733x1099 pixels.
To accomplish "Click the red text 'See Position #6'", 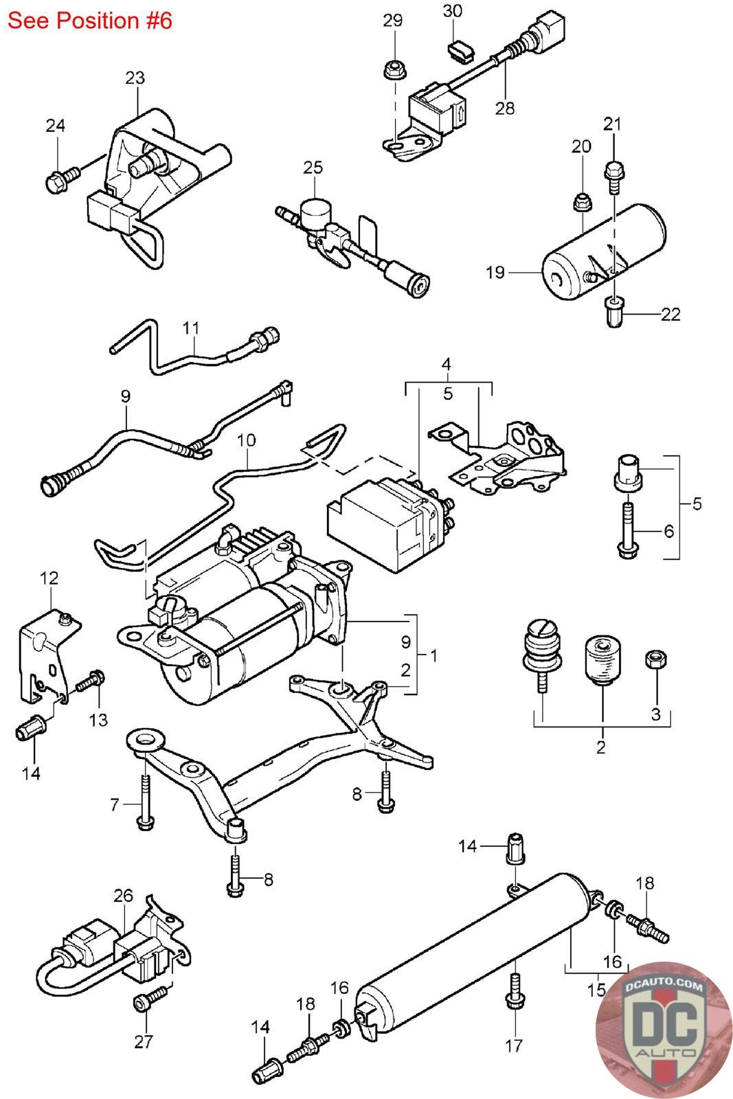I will coord(90,21).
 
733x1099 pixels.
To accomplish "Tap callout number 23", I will coord(135,78).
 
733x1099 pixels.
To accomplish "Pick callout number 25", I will coord(313,167).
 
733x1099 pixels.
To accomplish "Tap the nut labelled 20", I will coord(582,203).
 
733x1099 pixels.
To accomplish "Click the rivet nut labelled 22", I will coord(614,313).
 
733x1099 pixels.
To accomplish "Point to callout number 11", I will coord(191,328).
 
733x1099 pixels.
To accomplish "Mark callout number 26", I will coord(124,896).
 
